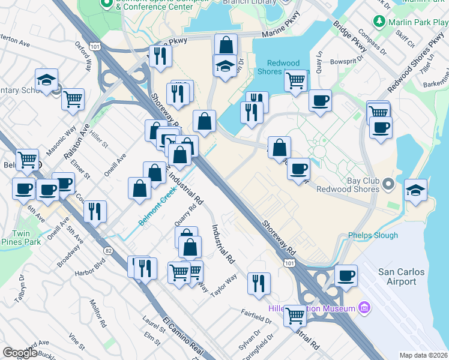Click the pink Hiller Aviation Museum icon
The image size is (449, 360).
coord(363,308)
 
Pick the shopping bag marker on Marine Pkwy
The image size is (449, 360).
coord(226,45)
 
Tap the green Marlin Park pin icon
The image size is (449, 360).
coord(379,22)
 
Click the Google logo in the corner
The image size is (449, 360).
coord(19,353)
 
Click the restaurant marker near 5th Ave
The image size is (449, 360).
coord(95,211)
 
